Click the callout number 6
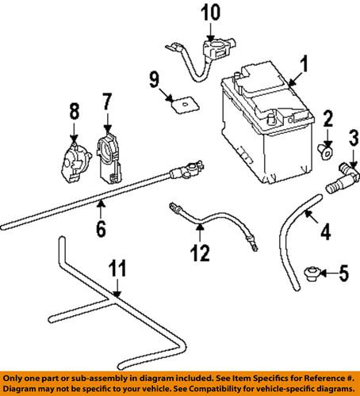(101, 230)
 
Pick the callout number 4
(325, 234)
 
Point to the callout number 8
(74, 111)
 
